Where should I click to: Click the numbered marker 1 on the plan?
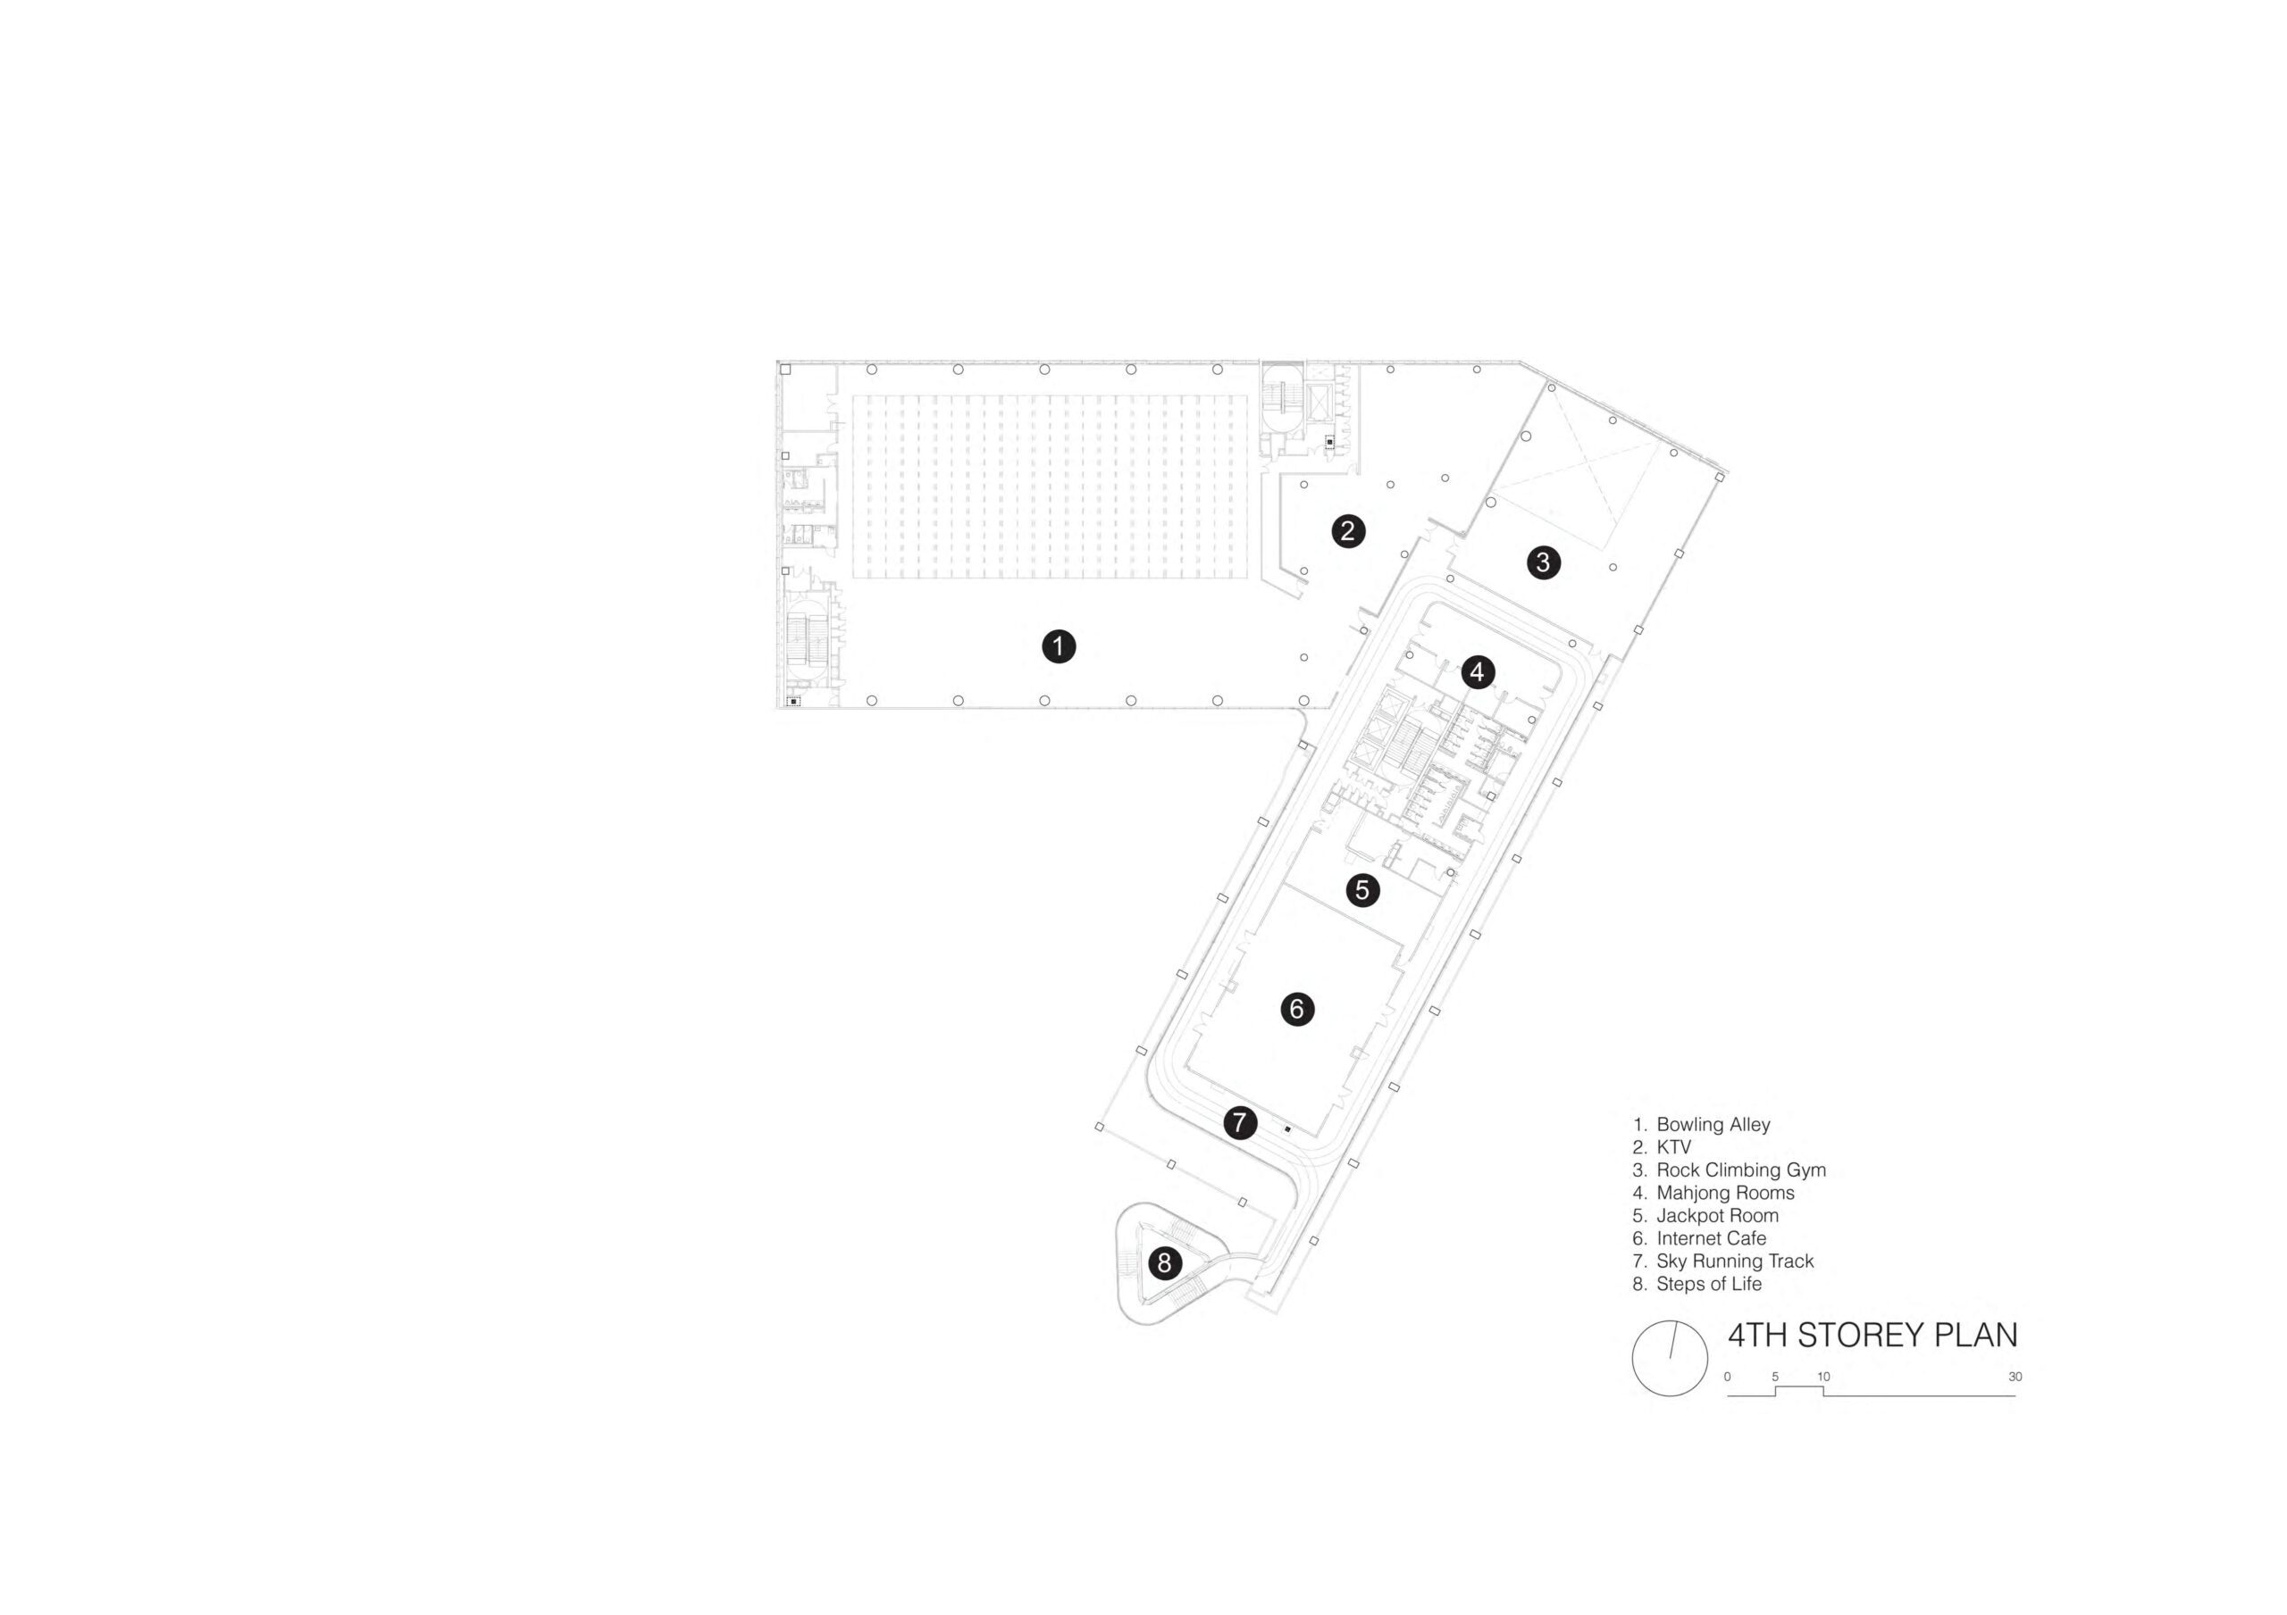coord(1059,646)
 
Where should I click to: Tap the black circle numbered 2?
coord(1348,530)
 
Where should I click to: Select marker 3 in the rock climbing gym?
coord(1543,562)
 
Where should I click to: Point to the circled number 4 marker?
coord(1478,672)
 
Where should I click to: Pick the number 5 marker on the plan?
coord(1362,889)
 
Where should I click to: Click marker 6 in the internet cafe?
coord(1297,1009)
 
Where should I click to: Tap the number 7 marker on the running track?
coord(1239,1123)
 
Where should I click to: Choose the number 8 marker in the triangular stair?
coord(1164,1263)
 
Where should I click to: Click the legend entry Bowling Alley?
coord(1713,1125)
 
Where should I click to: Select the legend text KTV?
coord(1673,1147)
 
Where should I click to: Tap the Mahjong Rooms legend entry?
coord(1725,1194)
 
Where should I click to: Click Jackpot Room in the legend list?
coord(1717,1216)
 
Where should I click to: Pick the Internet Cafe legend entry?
coord(1712,1238)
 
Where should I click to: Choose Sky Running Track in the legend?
coord(1735,1261)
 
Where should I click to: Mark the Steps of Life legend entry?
coord(1708,1285)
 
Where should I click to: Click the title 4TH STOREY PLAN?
coord(1872,1336)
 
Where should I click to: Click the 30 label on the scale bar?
coord(2015,1377)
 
